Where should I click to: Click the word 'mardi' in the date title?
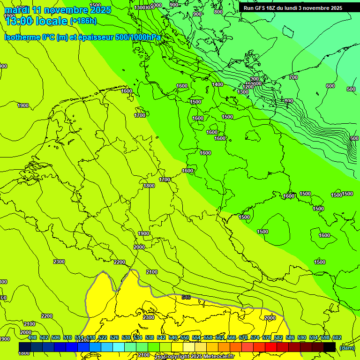17,10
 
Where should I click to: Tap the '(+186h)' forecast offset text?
83,21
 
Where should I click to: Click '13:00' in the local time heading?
19,21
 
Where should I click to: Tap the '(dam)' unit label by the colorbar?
346,347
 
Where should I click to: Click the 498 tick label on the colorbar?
32,337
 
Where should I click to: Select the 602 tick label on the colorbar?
337,337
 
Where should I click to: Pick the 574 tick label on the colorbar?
255,337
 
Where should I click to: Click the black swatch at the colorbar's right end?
330,347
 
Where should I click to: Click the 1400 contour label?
217,84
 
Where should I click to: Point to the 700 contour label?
293,77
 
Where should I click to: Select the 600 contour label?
330,86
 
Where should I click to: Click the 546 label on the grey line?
186,297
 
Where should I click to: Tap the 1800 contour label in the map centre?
149,186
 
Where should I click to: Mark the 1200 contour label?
248,87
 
